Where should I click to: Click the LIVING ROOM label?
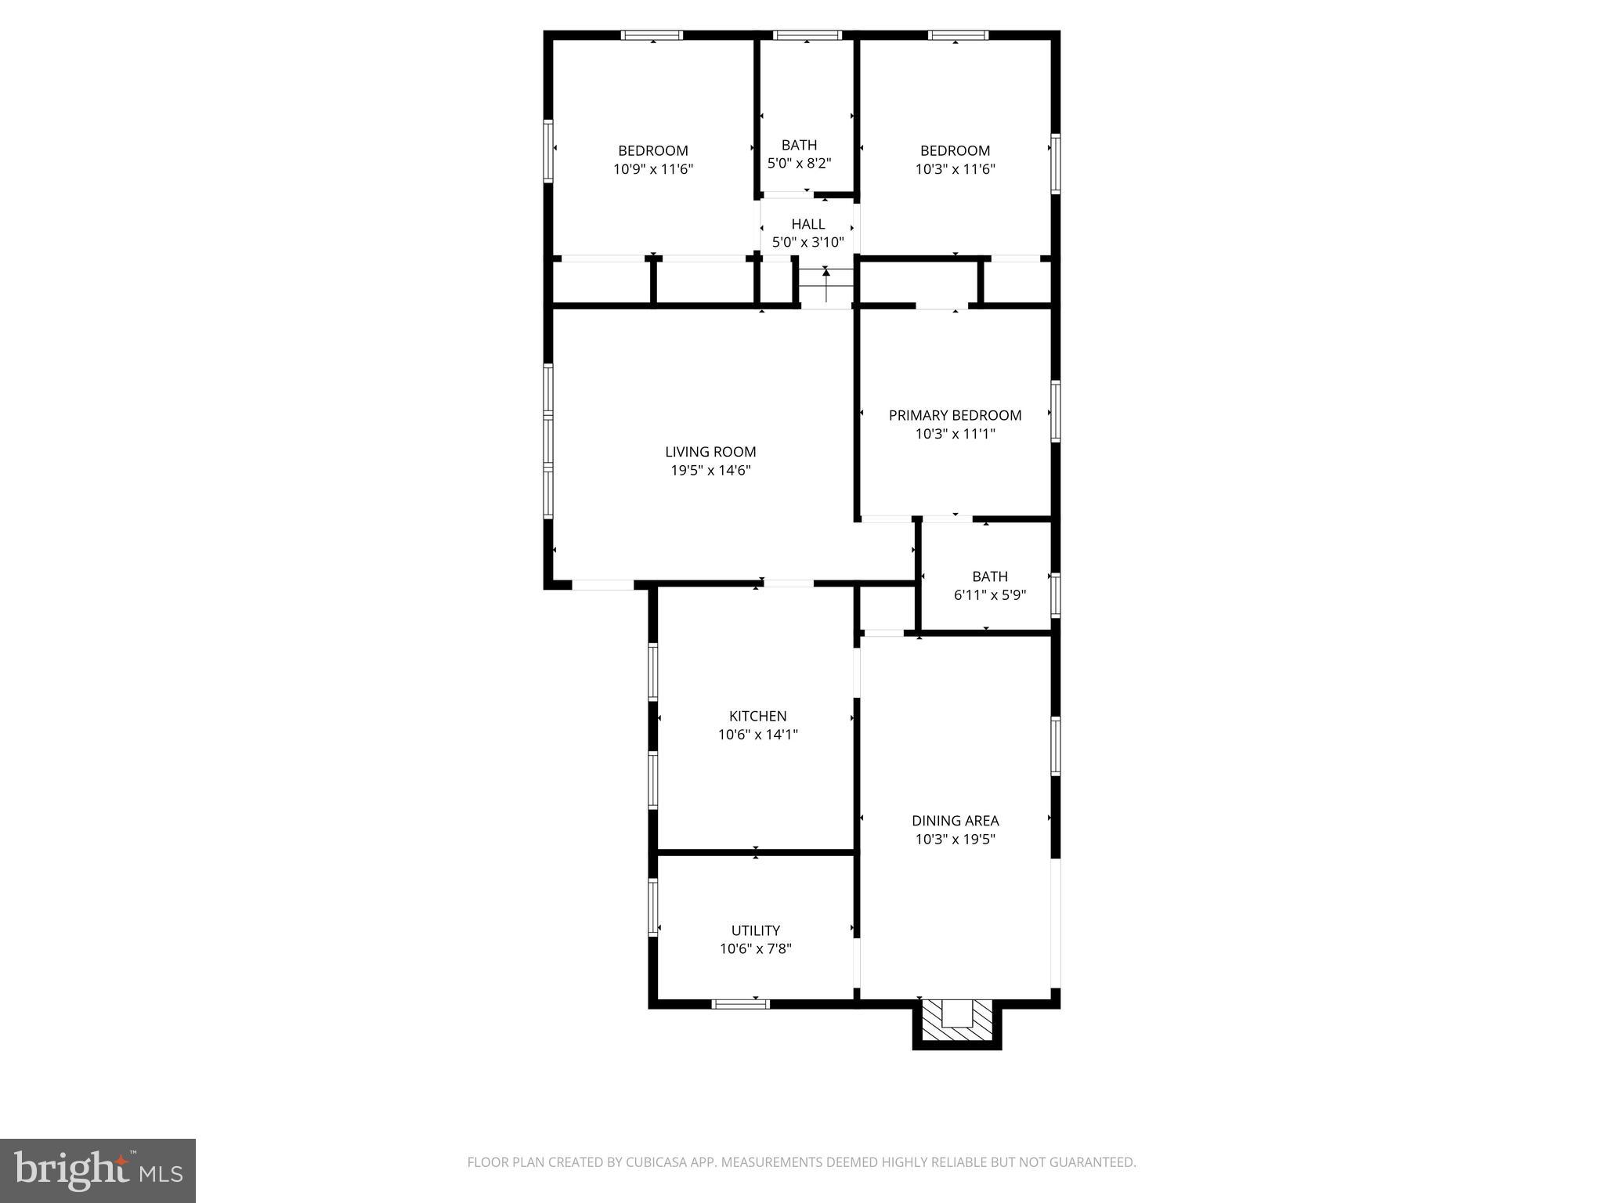pyautogui.click(x=710, y=452)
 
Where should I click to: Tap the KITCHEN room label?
pyautogui.click(x=757, y=716)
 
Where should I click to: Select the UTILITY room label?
pyautogui.click(x=755, y=930)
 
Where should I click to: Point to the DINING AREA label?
pyautogui.click(x=955, y=821)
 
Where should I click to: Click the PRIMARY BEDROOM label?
pyautogui.click(x=955, y=415)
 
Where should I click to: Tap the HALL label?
pyautogui.click(x=807, y=224)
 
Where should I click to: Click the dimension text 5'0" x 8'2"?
pyautogui.click(x=799, y=164)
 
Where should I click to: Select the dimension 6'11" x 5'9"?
pyautogui.click(x=989, y=595)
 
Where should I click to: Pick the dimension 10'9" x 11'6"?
pyautogui.click(x=653, y=169)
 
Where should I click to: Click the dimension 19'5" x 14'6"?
pyautogui.click(x=710, y=471)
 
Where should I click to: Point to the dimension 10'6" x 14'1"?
pyautogui.click(x=757, y=735)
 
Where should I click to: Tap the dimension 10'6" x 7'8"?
pyautogui.click(x=755, y=949)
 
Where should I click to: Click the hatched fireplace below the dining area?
pyautogui.click(x=956, y=1022)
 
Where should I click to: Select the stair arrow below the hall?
pyautogui.click(x=825, y=284)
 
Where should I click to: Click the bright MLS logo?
pyautogui.click(x=97, y=1171)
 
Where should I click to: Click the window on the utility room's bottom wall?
pyautogui.click(x=740, y=1004)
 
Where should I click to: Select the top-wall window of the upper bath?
pyautogui.click(x=807, y=35)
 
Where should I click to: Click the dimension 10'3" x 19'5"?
pyautogui.click(x=955, y=840)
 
